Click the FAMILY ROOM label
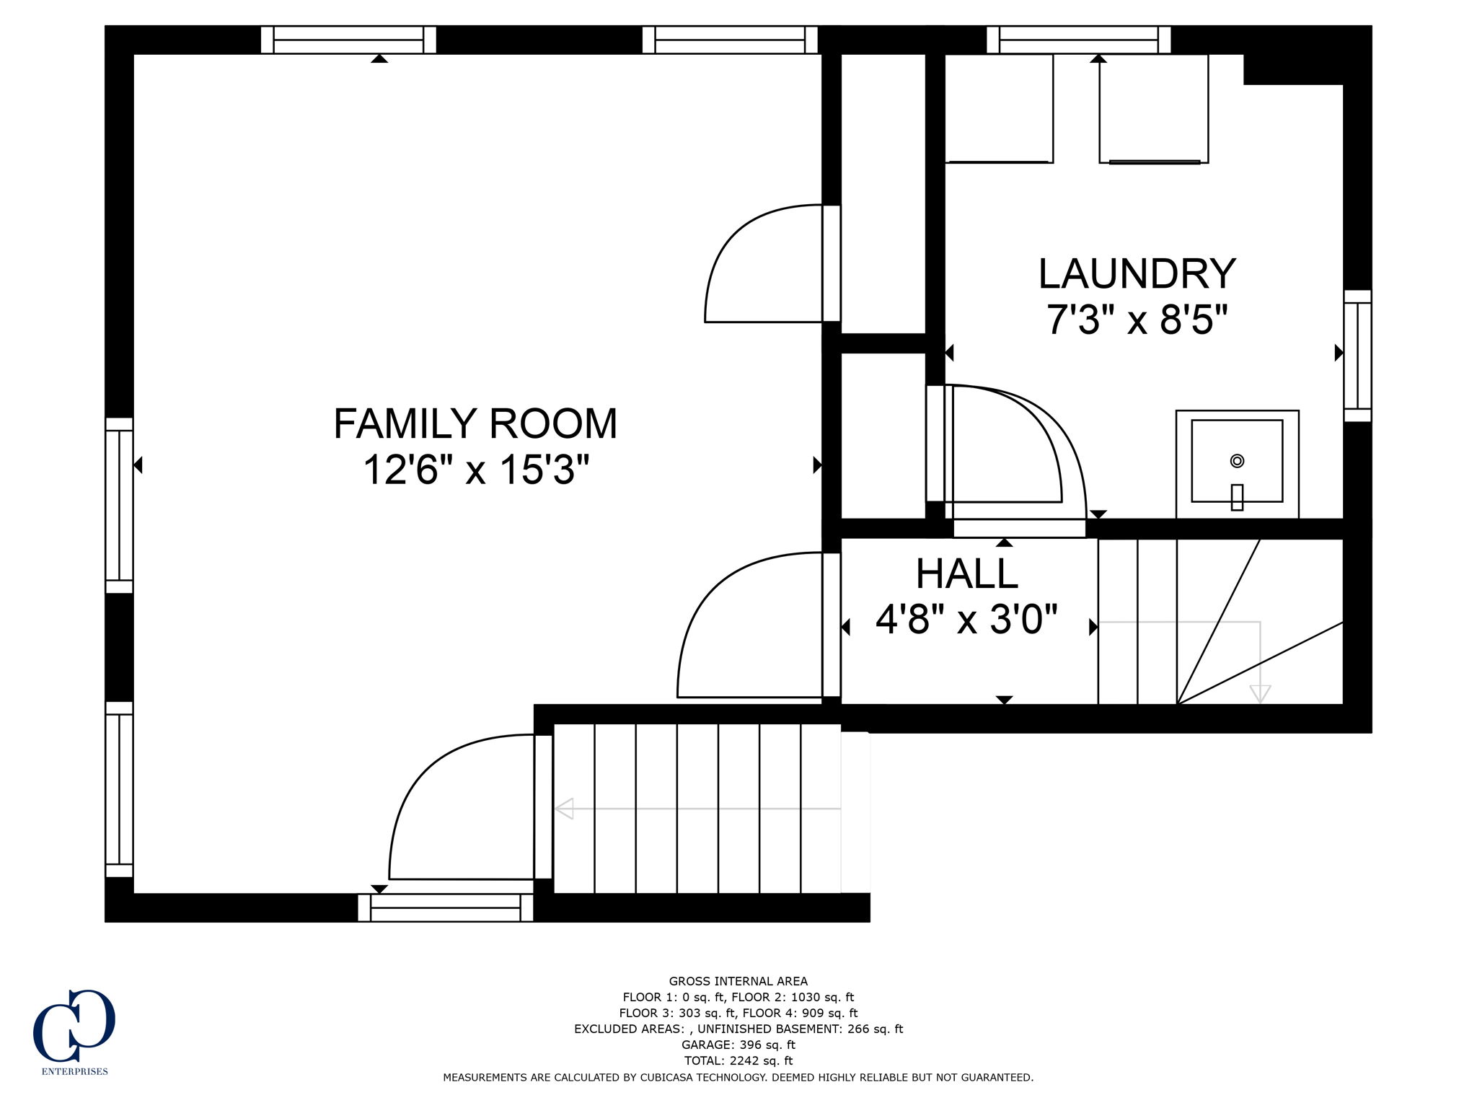click(475, 423)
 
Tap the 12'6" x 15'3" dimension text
click(475, 470)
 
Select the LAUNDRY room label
click(1137, 273)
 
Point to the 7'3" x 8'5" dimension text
click(1137, 320)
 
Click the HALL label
click(966, 574)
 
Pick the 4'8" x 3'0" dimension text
click(966, 619)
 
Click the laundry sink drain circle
click(1237, 460)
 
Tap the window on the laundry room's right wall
click(1357, 356)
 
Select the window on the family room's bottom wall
click(446, 907)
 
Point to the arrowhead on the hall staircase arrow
click(1260, 694)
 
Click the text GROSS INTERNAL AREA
click(738, 981)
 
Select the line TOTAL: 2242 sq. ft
click(738, 1060)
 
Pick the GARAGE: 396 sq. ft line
click(738, 1045)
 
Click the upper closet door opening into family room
click(764, 263)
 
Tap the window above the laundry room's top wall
click(1078, 40)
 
